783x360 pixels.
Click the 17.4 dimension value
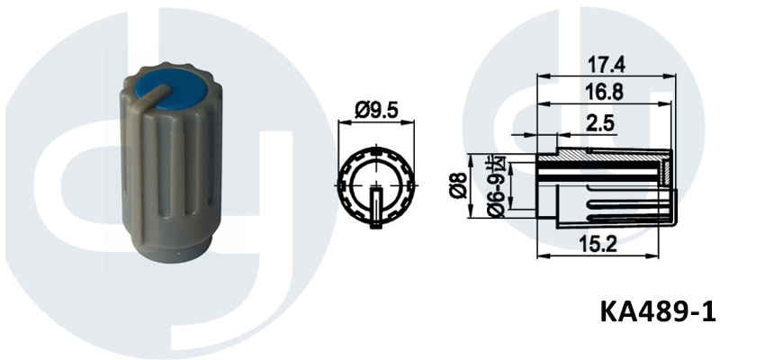pyautogui.click(x=607, y=65)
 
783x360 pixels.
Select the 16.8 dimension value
pyautogui.click(x=606, y=93)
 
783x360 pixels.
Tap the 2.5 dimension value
pyautogui.click(x=599, y=123)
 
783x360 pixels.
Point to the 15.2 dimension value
pyautogui.click(x=598, y=244)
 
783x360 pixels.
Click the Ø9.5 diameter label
pyautogui.click(x=377, y=111)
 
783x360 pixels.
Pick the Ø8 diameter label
pyautogui.click(x=458, y=185)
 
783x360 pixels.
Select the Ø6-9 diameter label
pyautogui.click(x=497, y=188)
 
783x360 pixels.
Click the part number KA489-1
pyautogui.click(x=658, y=311)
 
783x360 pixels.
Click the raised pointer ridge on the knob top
pyautogui.click(x=152, y=95)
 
